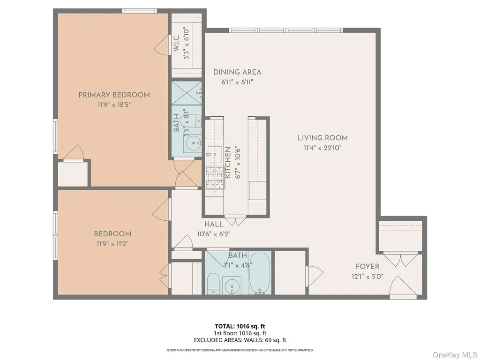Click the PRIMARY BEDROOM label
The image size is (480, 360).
[114, 95]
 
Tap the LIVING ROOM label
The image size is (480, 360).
[322, 138]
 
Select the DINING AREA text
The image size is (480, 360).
[237, 72]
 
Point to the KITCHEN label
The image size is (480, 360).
[228, 162]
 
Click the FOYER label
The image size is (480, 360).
[367, 266]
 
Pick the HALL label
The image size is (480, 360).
[214, 224]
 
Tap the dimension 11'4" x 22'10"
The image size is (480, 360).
[322, 148]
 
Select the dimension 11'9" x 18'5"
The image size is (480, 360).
[114, 105]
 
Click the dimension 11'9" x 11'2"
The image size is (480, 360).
[112, 244]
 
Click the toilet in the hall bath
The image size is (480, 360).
[213, 283]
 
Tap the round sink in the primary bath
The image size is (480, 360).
[194, 143]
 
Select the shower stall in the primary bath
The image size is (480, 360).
[187, 93]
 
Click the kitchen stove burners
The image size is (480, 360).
[215, 178]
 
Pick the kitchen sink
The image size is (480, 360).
[215, 154]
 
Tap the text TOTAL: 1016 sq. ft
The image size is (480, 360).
[238, 326]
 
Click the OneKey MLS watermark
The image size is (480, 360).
[455, 355]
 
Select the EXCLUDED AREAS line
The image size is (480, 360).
[240, 340]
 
